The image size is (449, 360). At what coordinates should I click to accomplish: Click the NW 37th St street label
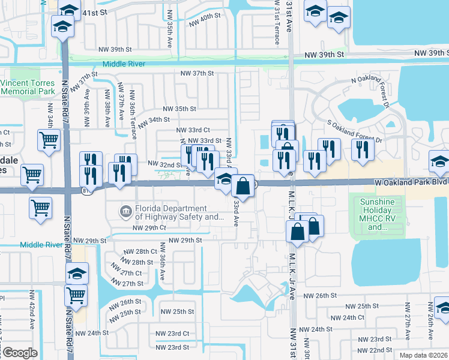pyautogui.click(x=197, y=73)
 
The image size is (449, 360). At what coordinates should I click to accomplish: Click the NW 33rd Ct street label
pyautogui.click(x=193, y=130)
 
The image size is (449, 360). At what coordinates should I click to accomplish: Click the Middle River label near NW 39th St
pyautogui.click(x=125, y=64)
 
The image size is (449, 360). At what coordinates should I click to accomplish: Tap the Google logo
pyautogui.click(x=20, y=353)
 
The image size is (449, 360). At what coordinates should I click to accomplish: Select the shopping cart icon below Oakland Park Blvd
pyautogui.click(x=41, y=208)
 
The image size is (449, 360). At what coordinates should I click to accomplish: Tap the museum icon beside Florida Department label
pyautogui.click(x=125, y=211)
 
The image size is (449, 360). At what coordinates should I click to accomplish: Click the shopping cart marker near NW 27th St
pyautogui.click(x=76, y=295)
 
